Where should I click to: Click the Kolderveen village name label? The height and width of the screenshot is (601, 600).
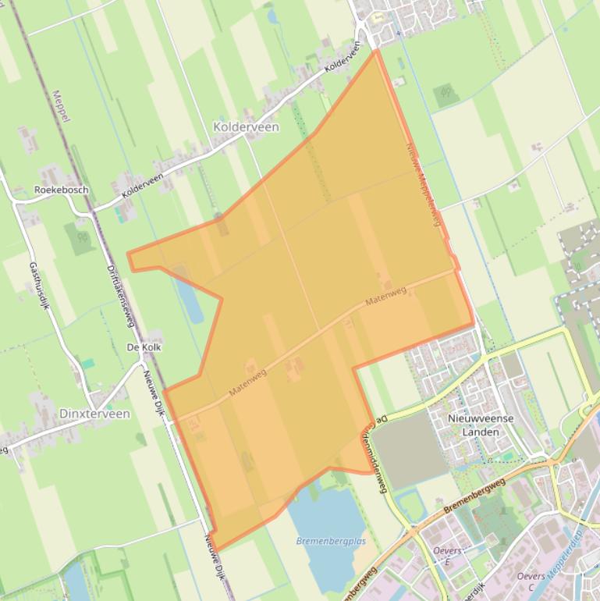click(x=246, y=126)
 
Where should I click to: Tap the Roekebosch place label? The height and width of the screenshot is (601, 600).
click(x=61, y=190)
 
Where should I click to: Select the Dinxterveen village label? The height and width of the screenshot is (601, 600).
click(x=94, y=414)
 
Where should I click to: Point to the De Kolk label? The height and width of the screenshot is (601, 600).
click(x=144, y=347)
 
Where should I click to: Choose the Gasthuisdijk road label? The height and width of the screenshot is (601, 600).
click(x=40, y=285)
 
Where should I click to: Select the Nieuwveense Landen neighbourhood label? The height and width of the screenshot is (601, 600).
click(x=481, y=425)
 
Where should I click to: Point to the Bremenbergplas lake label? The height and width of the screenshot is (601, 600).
click(x=331, y=541)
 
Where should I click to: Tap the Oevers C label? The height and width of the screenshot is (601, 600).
click(x=531, y=581)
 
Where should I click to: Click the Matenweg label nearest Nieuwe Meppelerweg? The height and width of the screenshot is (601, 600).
click(x=385, y=296)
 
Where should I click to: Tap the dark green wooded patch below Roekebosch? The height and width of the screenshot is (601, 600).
click(x=80, y=238)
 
